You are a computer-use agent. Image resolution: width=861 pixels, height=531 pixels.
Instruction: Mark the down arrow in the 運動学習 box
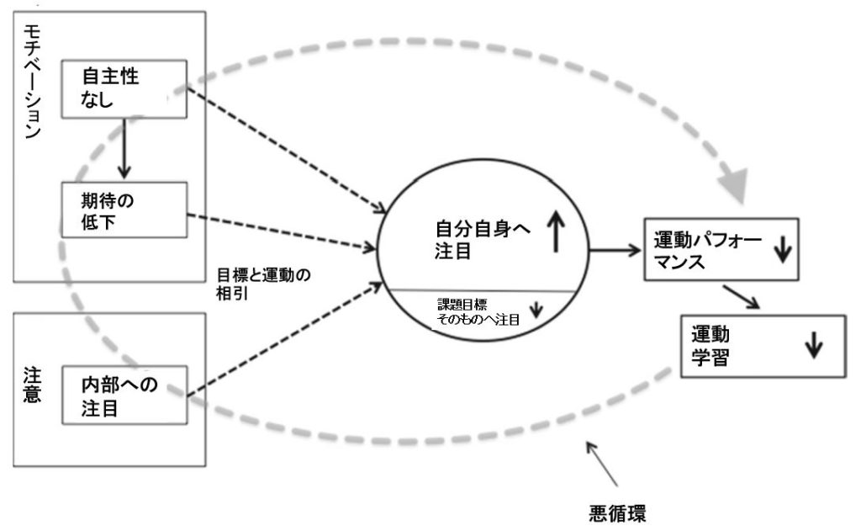point(812,346)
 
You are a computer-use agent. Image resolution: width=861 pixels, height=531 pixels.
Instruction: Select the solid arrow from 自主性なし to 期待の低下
point(124,148)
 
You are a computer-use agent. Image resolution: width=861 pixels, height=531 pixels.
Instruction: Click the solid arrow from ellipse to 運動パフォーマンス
point(615,250)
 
